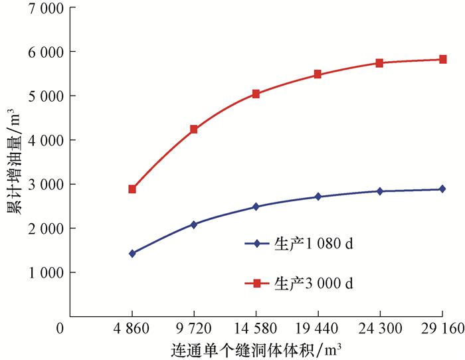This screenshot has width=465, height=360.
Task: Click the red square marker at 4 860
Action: tap(132, 189)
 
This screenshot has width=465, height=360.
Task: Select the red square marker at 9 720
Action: tap(194, 130)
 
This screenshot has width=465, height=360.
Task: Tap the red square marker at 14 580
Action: tap(256, 94)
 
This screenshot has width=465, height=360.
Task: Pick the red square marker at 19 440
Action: tap(318, 74)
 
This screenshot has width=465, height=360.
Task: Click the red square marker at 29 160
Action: tap(442, 60)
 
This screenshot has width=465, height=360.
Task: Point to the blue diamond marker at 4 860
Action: tap(132, 253)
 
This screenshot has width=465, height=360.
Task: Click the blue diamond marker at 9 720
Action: tap(194, 225)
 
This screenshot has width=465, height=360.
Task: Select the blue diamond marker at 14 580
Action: tap(256, 207)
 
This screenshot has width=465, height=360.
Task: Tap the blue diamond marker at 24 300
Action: tap(380, 191)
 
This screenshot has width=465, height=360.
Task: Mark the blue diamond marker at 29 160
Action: tap(442, 189)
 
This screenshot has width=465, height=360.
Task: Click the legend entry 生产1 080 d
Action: tap(299, 243)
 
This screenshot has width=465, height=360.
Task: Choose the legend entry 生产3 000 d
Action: tap(299, 284)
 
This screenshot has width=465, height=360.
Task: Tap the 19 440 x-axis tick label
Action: tap(318, 329)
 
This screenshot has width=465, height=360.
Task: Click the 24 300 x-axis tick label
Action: tap(380, 329)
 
